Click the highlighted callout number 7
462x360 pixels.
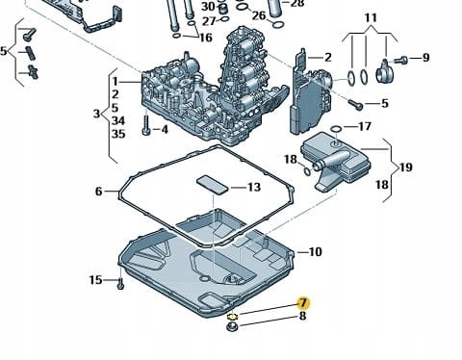tap(303, 302)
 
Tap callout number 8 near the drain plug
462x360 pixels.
tap(302, 317)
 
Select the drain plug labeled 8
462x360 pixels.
tap(232, 327)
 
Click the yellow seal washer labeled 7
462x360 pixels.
tap(232, 317)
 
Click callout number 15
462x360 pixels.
tap(95, 280)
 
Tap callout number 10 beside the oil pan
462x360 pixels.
tap(315, 252)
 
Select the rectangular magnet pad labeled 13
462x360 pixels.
tap(212, 185)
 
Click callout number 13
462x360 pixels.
tap(254, 187)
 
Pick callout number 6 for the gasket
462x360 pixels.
tap(99, 192)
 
